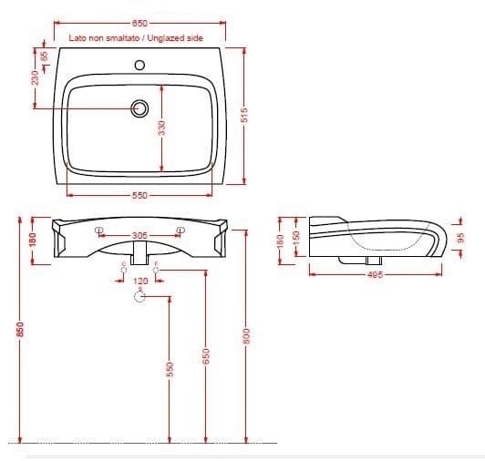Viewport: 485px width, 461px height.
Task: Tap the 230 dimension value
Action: [x=35, y=77]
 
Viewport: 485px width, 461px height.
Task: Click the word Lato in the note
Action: [x=78, y=39]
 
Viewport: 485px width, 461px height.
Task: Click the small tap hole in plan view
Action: [x=139, y=65]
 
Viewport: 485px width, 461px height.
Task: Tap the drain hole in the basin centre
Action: [x=139, y=108]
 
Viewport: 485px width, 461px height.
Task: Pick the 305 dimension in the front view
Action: [x=139, y=235]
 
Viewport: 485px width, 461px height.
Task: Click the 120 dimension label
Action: [x=139, y=282]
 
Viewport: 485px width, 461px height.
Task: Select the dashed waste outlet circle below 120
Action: [x=139, y=306]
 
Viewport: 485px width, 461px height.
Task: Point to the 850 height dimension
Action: [x=19, y=334]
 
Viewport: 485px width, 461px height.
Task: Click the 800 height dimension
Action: [x=243, y=334]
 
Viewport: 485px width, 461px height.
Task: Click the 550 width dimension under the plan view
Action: [x=139, y=195]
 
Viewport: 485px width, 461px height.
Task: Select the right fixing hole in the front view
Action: [x=178, y=241]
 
